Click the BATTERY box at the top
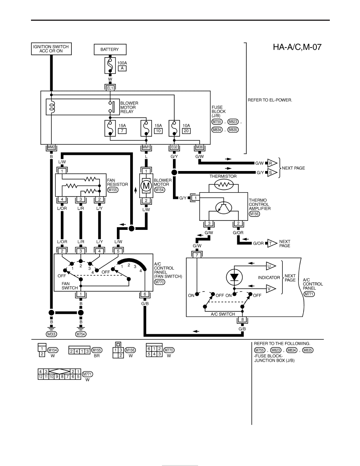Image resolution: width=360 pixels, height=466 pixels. click(110, 49)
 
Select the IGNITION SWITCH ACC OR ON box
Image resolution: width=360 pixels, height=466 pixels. click(51, 49)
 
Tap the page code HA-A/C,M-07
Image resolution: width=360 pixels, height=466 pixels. click(297, 47)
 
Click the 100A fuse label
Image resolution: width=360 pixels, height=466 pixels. click(122, 63)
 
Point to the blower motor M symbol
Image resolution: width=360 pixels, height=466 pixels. click(146, 186)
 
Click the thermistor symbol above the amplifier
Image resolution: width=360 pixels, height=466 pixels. click(224, 185)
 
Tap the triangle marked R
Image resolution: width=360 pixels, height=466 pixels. click(272, 163)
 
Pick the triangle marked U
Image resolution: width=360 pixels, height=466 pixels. click(271, 266)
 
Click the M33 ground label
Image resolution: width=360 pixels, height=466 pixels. click(51, 334)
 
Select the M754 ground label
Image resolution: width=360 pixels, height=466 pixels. click(81, 334)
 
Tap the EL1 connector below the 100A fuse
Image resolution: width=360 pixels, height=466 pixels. click(110, 88)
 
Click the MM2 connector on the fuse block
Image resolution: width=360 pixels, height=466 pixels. click(51, 147)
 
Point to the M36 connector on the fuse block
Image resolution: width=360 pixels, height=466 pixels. click(199, 147)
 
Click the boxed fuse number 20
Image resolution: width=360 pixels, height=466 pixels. click(186, 131)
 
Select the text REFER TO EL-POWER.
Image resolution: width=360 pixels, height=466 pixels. click(270, 100)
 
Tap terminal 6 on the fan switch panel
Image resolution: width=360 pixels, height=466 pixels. click(145, 295)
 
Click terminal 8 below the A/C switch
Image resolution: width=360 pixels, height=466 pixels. click(242, 320)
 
